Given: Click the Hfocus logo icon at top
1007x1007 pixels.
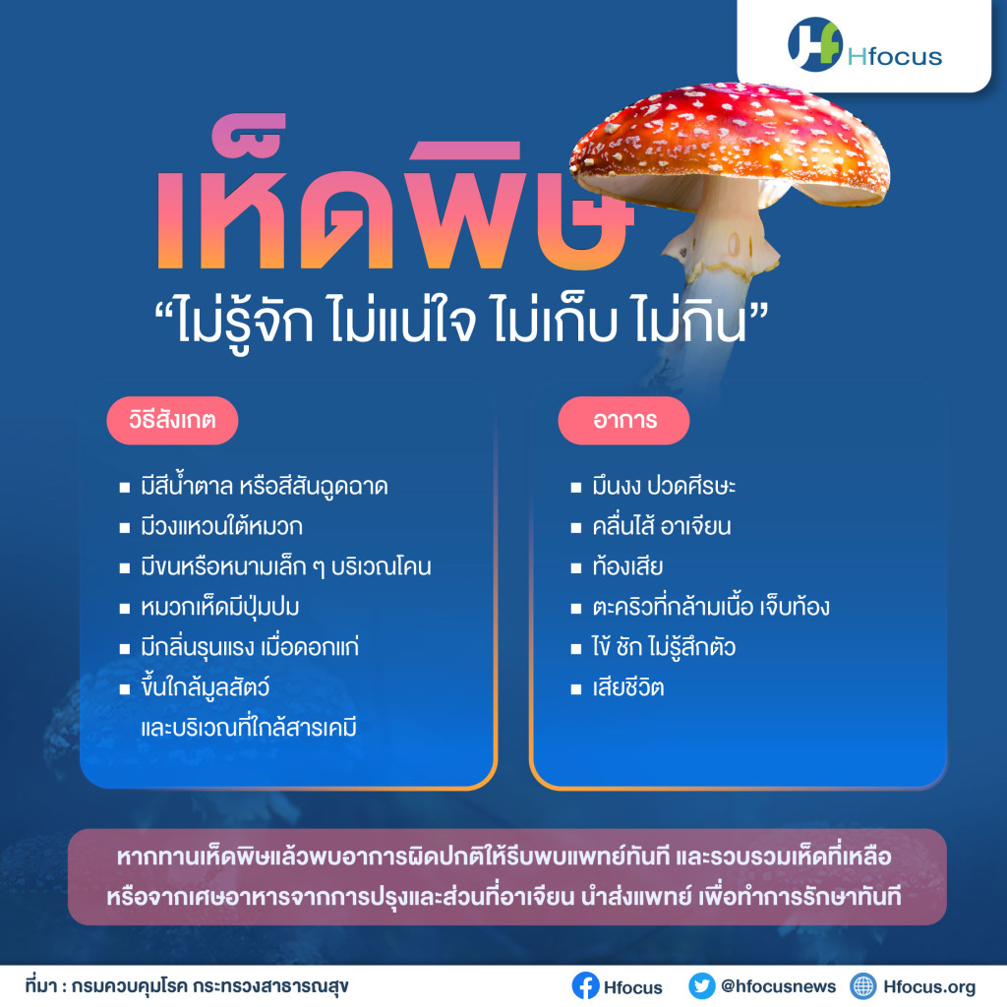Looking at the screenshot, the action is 814,43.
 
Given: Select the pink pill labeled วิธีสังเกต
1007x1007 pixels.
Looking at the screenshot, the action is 172,421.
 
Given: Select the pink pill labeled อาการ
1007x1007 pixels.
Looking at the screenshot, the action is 624,421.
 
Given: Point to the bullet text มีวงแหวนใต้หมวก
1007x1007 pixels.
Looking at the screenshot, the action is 221,527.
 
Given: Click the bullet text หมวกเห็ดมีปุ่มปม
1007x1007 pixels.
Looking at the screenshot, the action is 219,607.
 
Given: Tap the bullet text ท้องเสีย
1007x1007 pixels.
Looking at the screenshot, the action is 627,566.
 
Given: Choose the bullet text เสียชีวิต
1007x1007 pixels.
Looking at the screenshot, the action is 628,687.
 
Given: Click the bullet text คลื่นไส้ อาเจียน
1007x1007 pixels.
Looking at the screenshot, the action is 662,527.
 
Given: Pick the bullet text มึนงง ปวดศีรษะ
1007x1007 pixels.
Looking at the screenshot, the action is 664,486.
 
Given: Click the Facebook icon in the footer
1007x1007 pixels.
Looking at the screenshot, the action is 585,985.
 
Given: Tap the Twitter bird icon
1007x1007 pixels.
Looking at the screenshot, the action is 701,985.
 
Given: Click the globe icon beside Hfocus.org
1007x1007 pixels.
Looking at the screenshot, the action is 862,985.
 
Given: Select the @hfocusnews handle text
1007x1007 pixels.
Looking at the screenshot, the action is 779,985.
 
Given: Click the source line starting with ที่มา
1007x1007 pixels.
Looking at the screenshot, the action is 187,985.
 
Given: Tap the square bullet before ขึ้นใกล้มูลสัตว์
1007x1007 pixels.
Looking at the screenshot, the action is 125,689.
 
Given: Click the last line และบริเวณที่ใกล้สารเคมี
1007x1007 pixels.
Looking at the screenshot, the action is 249,729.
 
